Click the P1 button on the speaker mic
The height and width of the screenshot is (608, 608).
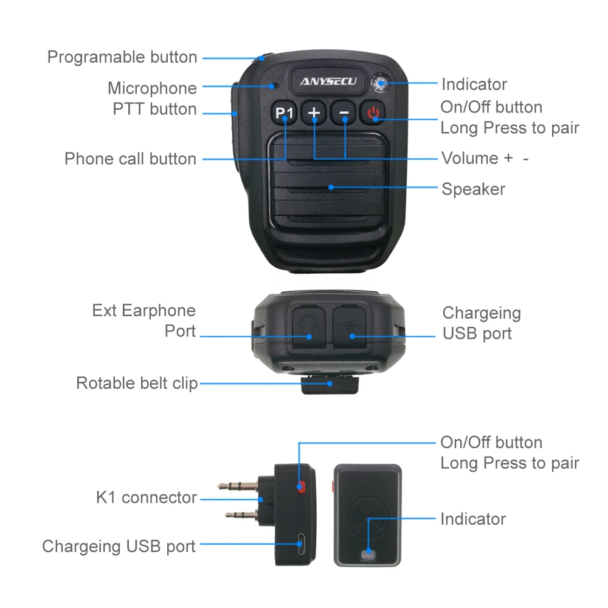tap(284, 113)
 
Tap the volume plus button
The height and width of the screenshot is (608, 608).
tap(314, 113)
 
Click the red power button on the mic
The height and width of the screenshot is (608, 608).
tap(373, 112)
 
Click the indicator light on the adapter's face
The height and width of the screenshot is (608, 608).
tap(368, 554)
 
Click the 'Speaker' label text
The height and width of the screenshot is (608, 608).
tap(473, 189)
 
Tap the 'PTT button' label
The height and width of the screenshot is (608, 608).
tap(154, 109)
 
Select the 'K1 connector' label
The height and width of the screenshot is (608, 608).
tap(146, 497)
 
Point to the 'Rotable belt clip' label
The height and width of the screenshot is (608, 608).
tap(137, 384)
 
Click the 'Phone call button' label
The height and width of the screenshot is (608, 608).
tap(130, 159)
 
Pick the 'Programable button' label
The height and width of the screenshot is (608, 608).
tap(122, 57)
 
